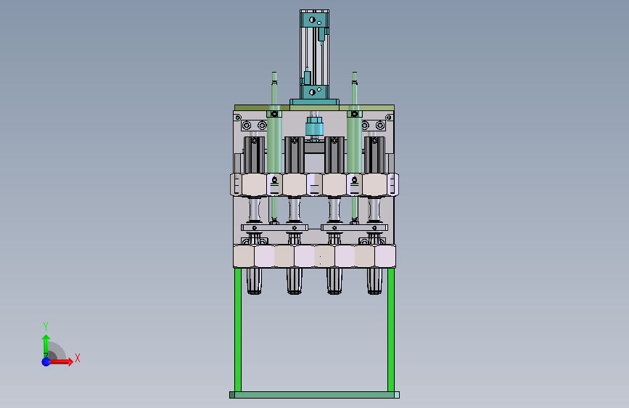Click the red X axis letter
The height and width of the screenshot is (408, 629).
pos(78,358)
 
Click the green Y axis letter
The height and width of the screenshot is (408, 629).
pos(46,326)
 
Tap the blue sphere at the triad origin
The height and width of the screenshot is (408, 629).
pos(46,362)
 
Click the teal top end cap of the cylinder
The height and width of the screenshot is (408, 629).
pos(314,19)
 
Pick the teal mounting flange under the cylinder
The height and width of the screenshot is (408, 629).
pos(315,102)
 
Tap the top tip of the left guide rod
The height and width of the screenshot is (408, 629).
pos(274,73)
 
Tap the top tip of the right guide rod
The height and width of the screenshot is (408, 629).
pos(354,73)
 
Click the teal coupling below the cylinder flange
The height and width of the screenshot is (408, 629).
pos(315,127)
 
